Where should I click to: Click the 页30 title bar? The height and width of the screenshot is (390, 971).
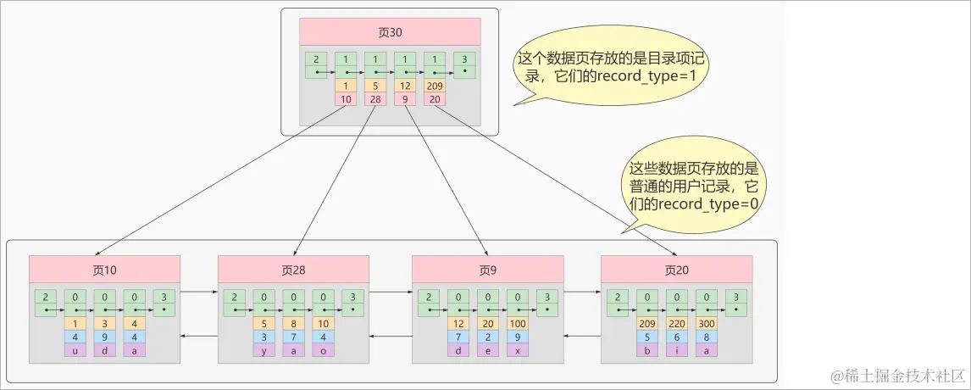point(390,32)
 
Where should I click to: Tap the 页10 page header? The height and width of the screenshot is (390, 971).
point(104,270)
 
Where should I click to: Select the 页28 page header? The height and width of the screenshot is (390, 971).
point(294,270)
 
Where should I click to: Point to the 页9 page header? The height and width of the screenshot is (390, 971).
point(487,270)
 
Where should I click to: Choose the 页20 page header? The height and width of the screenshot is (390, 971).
point(676,270)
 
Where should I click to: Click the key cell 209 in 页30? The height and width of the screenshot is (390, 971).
point(434,86)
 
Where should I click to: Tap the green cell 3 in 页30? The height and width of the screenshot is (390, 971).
point(463,58)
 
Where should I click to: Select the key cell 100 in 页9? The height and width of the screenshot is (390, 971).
point(516,323)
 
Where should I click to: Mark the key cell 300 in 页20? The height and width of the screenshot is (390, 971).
point(705,323)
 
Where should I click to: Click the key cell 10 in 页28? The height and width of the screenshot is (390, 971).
point(323,323)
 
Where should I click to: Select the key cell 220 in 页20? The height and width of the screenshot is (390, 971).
point(676,323)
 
